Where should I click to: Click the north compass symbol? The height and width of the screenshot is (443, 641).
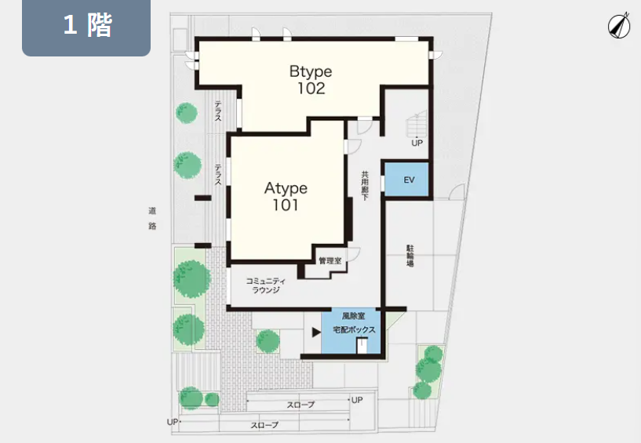click(x=618, y=25)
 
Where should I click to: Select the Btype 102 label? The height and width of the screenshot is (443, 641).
click(x=311, y=80)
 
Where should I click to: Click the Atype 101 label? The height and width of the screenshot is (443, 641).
click(x=286, y=197)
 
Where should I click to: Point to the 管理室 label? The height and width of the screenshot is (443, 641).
click(x=330, y=260)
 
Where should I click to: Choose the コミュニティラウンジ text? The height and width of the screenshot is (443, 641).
click(x=266, y=285)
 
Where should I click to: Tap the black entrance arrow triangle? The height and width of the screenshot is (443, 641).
click(x=316, y=332)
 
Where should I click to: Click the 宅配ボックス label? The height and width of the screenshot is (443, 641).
click(x=354, y=329)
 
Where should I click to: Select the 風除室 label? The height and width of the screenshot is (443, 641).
click(x=354, y=316)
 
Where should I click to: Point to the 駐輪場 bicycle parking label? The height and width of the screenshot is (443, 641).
click(x=410, y=256)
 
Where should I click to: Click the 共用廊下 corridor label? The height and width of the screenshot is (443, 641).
click(x=365, y=185)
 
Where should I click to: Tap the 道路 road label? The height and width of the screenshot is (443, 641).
click(x=152, y=218)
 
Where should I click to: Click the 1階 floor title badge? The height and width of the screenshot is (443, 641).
click(x=86, y=27)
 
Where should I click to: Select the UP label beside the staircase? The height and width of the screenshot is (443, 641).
click(x=417, y=143)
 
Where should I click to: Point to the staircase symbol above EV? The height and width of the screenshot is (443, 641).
click(x=416, y=124)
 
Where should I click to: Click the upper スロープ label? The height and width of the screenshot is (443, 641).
click(x=300, y=405)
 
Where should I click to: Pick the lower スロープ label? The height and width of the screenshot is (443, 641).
click(x=264, y=425)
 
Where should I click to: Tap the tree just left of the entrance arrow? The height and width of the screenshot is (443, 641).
click(x=268, y=341)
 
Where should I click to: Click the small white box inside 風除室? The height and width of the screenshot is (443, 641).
click(x=362, y=345)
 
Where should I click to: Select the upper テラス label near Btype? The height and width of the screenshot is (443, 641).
click(x=218, y=111)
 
